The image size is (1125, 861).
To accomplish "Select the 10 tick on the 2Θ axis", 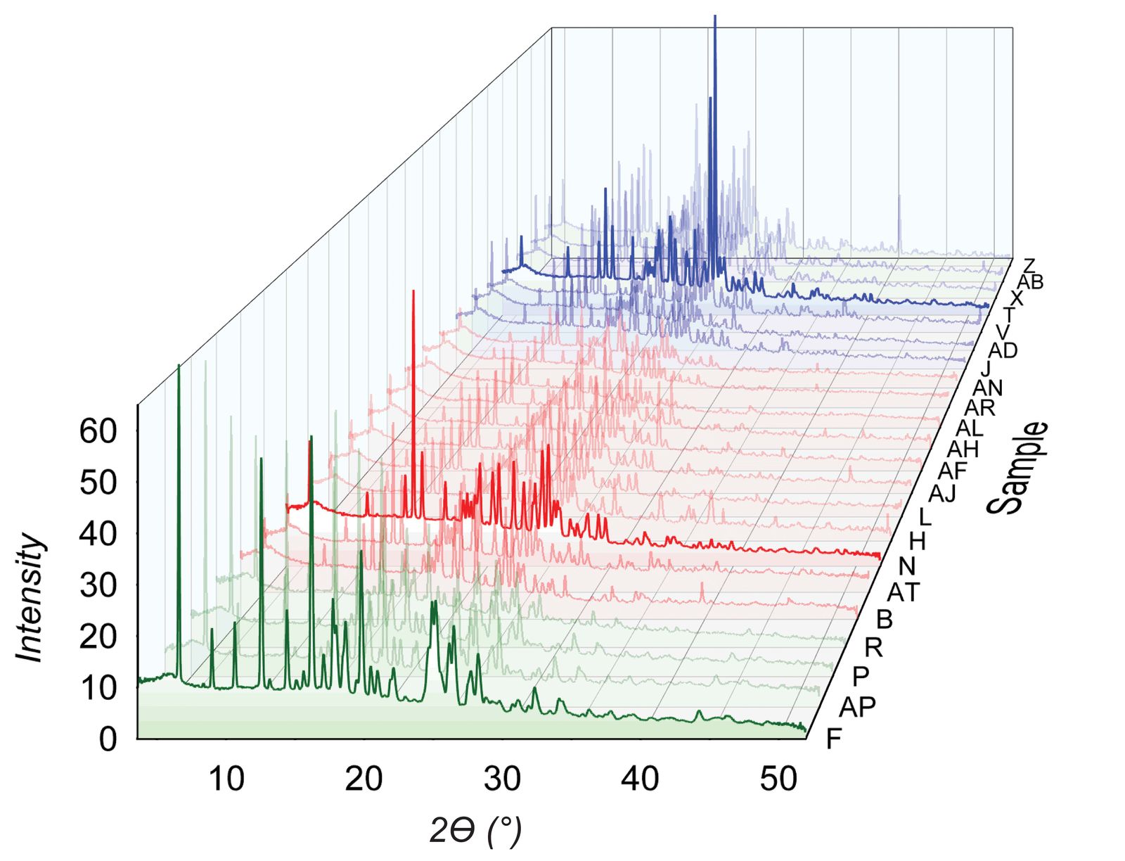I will click(x=226, y=779).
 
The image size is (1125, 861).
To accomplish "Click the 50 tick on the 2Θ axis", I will click(x=778, y=779).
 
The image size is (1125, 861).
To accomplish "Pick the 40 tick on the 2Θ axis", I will click(x=640, y=779).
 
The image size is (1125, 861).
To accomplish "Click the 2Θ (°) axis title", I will click(x=475, y=831).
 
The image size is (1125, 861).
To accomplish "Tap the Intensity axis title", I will click(x=30, y=598).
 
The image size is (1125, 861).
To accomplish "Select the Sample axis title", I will click(x=1017, y=468).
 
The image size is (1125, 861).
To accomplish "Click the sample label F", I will click(x=834, y=739).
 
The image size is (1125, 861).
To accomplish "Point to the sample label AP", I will click(x=857, y=707).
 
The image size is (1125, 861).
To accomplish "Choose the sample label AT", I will click(x=903, y=593).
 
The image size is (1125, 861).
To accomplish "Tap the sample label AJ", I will click(x=942, y=494).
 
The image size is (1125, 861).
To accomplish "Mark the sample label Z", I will click(x=1029, y=266).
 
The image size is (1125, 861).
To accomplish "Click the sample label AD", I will click(x=1003, y=350).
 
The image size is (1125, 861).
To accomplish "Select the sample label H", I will click(x=917, y=542).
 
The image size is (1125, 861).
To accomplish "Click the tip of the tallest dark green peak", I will click(x=179, y=365).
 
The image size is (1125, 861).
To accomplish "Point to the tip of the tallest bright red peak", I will click(x=413, y=291).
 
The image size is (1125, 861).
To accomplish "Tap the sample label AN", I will click(x=987, y=388).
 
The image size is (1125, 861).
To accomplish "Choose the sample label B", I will click(x=884, y=619).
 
